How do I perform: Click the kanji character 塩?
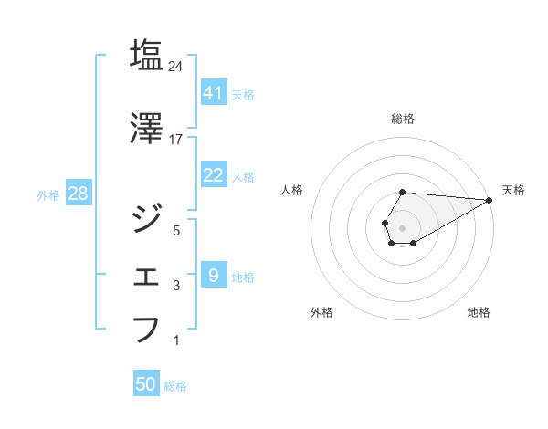146,54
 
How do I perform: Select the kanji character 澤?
146,129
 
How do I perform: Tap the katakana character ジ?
146,218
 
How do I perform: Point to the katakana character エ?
146,275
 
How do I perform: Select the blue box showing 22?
213,175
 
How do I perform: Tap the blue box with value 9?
213,275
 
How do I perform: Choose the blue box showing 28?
78,193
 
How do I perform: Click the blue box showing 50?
146,384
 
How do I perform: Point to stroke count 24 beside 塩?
176,66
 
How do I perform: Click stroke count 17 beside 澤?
176,141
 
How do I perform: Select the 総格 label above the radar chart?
403,119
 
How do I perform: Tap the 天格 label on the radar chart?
513,190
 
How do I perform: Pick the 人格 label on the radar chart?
291,190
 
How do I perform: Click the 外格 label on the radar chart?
321,312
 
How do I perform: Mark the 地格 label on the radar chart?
479,312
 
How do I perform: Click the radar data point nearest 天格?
490,200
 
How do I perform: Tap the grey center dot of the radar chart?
402,226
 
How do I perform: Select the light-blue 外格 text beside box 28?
48,194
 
